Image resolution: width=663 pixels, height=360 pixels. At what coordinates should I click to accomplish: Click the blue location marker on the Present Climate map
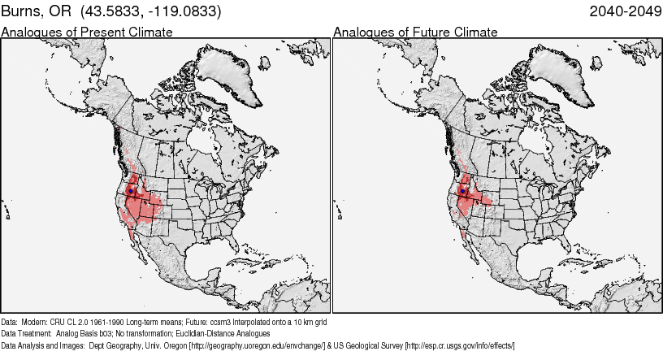coord(131,191)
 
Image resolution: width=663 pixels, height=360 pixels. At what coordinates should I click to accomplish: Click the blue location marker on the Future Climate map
coord(462,191)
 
